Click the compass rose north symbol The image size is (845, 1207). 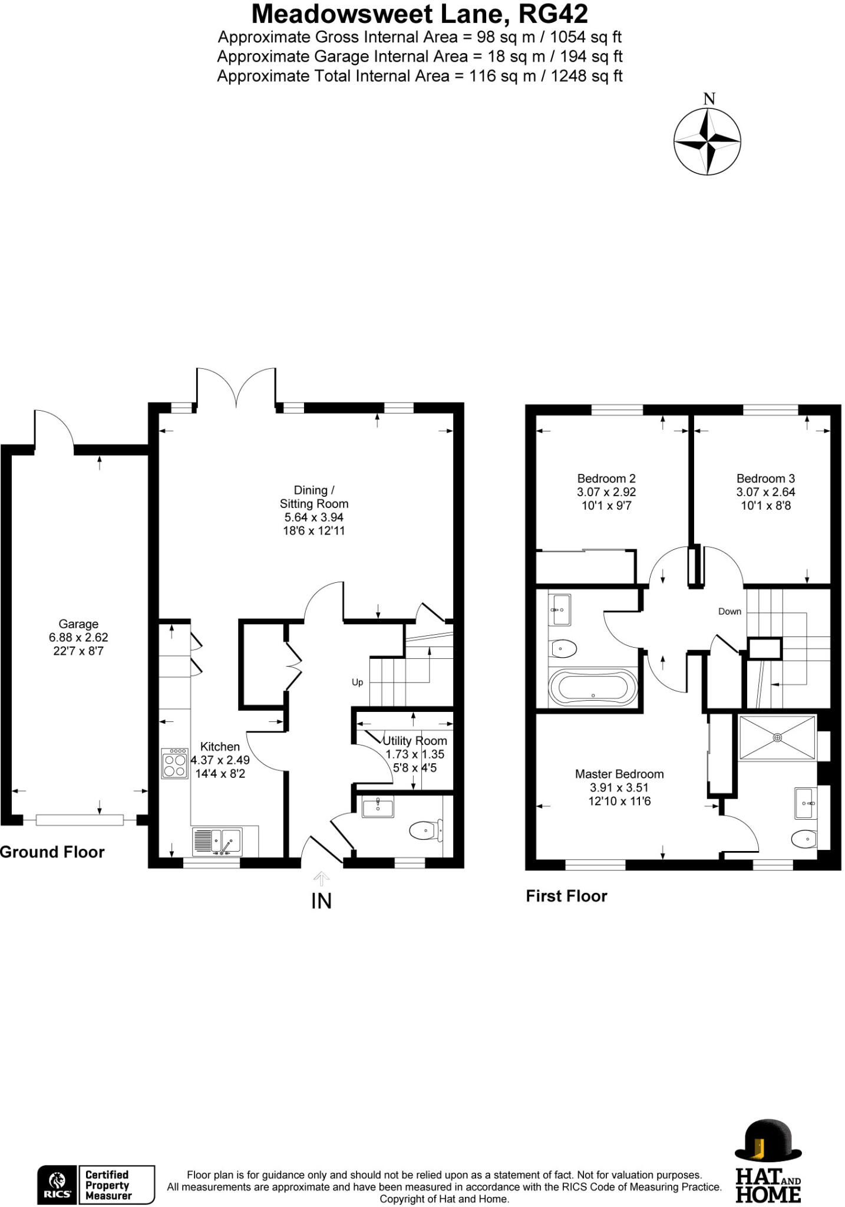click(707, 141)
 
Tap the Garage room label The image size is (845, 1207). click(78, 624)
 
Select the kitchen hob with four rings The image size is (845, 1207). click(174, 763)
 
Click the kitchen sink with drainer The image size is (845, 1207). click(217, 842)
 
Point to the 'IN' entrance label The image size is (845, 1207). click(321, 901)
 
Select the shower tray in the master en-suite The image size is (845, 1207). click(777, 737)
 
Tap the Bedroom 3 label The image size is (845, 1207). click(765, 479)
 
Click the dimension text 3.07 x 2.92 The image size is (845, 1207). click(606, 492)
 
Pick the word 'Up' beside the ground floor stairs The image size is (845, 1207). click(357, 682)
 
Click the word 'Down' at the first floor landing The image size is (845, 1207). click(730, 611)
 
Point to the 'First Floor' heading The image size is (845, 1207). click(566, 896)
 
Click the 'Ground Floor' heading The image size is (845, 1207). click(52, 852)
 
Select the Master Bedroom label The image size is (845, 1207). click(619, 774)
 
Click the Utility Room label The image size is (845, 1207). click(415, 741)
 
